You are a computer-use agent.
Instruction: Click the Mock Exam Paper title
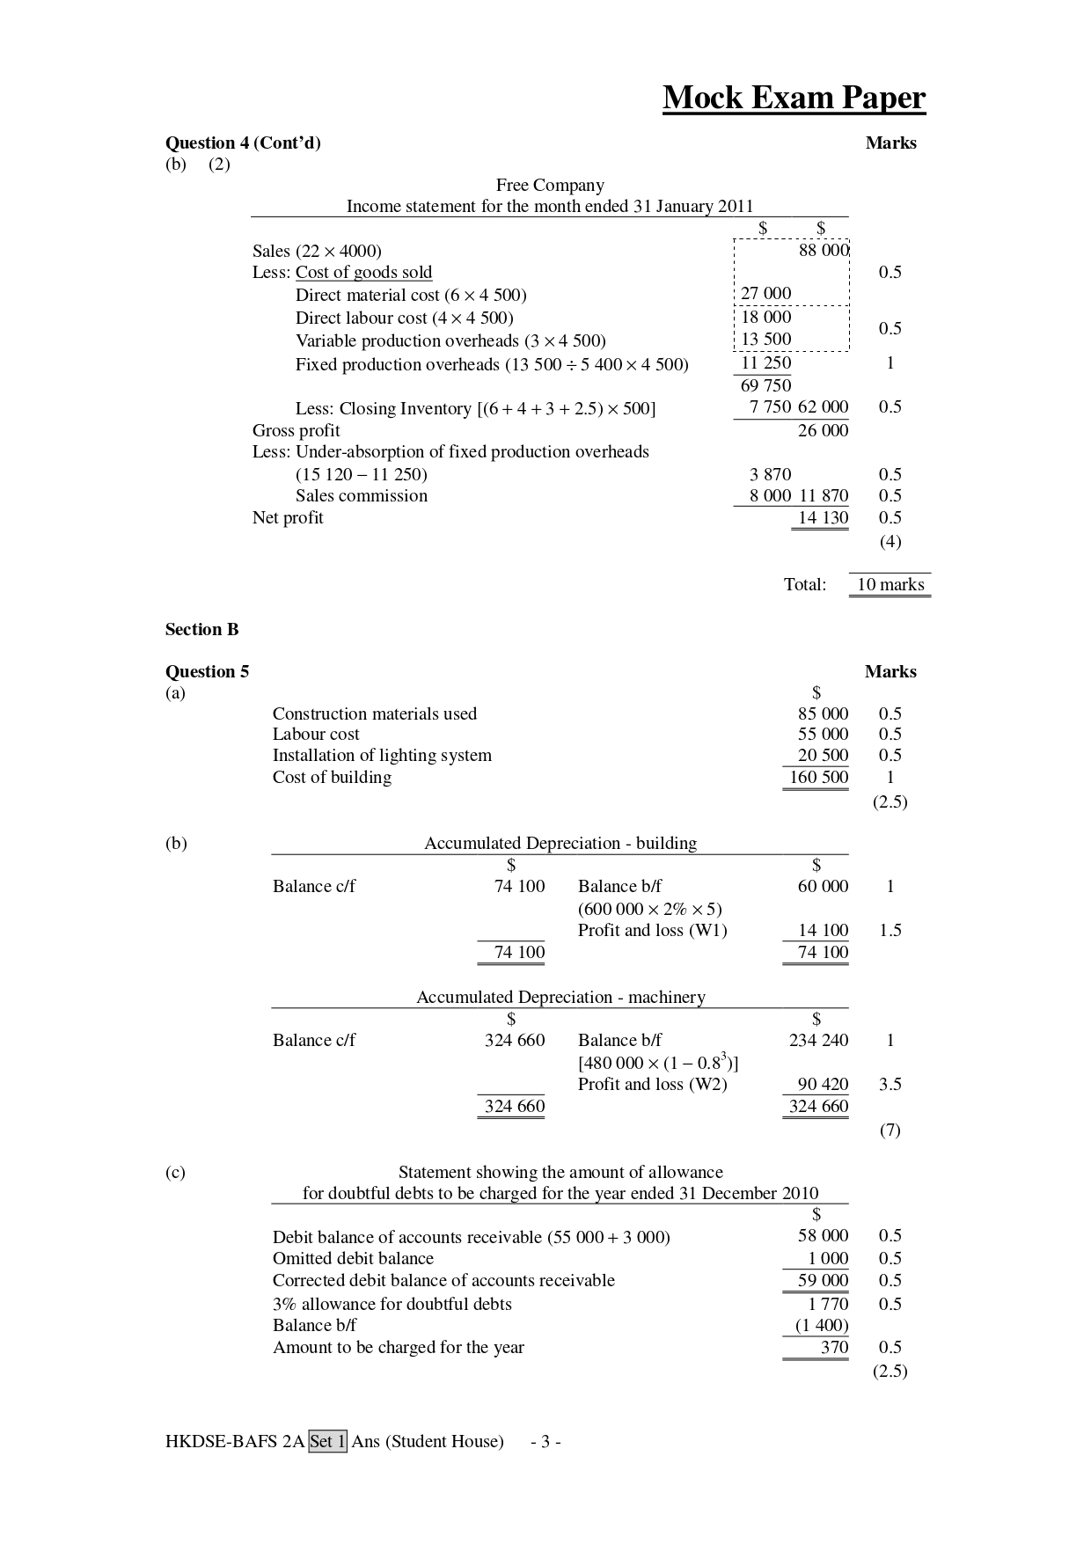[x=794, y=98]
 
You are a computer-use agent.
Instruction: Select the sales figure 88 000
[x=824, y=250]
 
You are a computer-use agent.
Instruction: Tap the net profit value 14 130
[x=823, y=518]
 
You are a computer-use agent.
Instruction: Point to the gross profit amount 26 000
[x=824, y=430]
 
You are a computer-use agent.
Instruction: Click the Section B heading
[x=201, y=629]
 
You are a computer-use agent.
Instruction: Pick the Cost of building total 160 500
[x=818, y=777]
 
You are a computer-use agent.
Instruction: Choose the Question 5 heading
[x=207, y=672]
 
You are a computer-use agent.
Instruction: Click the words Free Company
[x=550, y=185]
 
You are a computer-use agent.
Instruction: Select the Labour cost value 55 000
[x=823, y=734]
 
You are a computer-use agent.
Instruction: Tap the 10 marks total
[x=890, y=584]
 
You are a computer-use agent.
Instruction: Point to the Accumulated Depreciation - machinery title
[x=560, y=997]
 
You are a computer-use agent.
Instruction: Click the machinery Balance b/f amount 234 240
[x=818, y=1040]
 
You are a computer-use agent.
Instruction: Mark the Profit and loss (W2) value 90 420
[x=823, y=1084]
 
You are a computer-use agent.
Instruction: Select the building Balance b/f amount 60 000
[x=823, y=886]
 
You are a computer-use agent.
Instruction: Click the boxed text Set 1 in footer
[x=327, y=1441]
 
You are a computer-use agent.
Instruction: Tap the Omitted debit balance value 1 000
[x=828, y=1258]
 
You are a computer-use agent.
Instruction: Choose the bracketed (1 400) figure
[x=821, y=1325]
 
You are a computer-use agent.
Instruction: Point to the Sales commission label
[x=361, y=495]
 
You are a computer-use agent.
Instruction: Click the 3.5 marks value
[x=890, y=1084]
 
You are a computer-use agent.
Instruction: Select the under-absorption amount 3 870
[x=770, y=474]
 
